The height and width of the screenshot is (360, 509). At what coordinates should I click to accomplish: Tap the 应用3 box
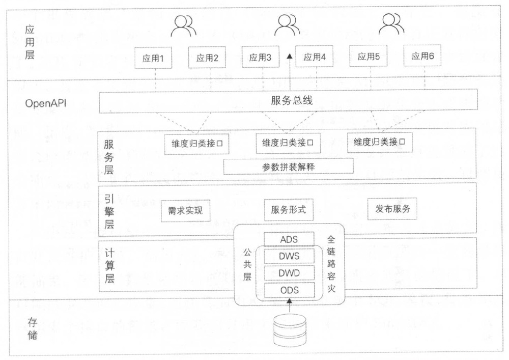point(260,58)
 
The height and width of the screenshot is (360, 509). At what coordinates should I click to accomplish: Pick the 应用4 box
point(314,58)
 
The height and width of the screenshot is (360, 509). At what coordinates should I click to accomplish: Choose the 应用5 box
point(369,57)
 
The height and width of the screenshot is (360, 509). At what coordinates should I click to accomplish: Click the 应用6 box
point(422,57)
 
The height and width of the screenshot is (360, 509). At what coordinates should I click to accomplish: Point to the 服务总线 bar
point(288,101)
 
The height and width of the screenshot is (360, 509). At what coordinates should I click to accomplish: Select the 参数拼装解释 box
point(289,167)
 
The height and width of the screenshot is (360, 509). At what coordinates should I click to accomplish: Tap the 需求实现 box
point(182,210)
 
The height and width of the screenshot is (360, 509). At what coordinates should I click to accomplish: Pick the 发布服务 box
point(392,209)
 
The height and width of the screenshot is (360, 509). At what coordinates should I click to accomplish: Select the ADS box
point(289,239)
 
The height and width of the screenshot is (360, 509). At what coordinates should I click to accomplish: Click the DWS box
point(289,256)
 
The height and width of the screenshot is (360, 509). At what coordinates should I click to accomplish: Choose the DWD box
point(289,273)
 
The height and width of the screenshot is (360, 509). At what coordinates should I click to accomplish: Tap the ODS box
point(289,290)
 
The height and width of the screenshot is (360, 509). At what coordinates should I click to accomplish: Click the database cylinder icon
point(290,330)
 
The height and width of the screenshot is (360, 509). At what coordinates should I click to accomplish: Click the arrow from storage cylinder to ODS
point(290,306)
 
